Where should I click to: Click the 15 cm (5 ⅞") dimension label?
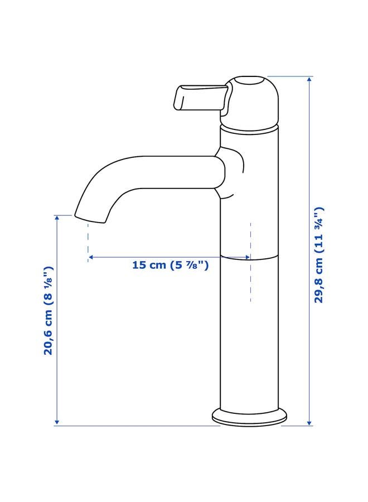coord(170,266)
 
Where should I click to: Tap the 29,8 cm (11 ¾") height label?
coord(318,254)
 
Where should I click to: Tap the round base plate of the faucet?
coord(249,417)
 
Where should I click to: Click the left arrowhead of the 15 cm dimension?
coord(91,258)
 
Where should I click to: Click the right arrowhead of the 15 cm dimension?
coord(247,258)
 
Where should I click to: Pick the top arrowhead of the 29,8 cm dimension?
coord(310,79)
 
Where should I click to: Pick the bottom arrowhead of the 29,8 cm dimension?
coord(310,423)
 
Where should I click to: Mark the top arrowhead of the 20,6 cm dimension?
coord(57,218)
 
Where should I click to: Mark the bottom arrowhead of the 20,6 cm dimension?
coord(57,423)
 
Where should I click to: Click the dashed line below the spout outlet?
coord(88,240)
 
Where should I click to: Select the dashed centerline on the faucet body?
coord(250,279)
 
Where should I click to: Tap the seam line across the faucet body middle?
coord(262,257)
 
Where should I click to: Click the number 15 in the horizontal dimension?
coord(139,266)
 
